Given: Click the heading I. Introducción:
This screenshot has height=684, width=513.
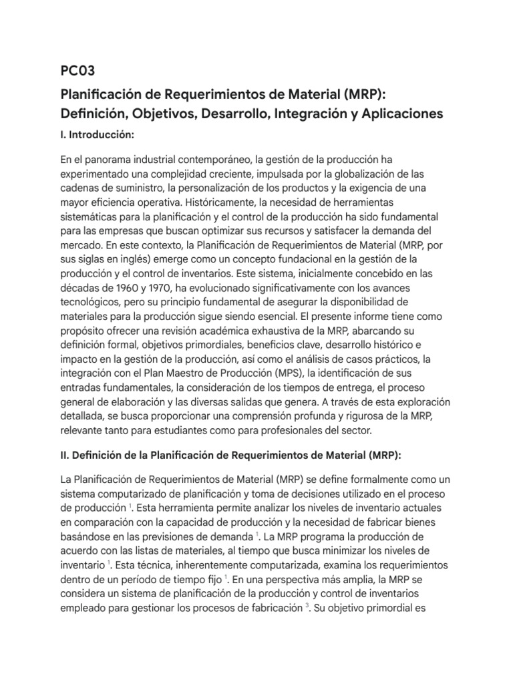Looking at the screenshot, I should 98,135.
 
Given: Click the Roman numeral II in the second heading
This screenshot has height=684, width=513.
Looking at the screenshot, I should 65,456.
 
